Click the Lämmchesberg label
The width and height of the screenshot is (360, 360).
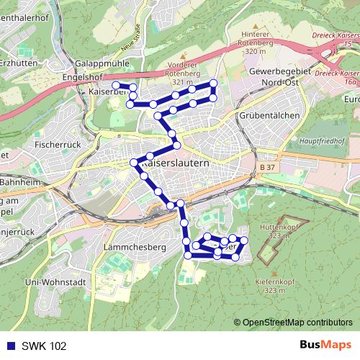[135, 247]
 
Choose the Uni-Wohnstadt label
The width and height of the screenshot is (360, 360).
[55, 282]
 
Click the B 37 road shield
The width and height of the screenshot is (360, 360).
[267, 167]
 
